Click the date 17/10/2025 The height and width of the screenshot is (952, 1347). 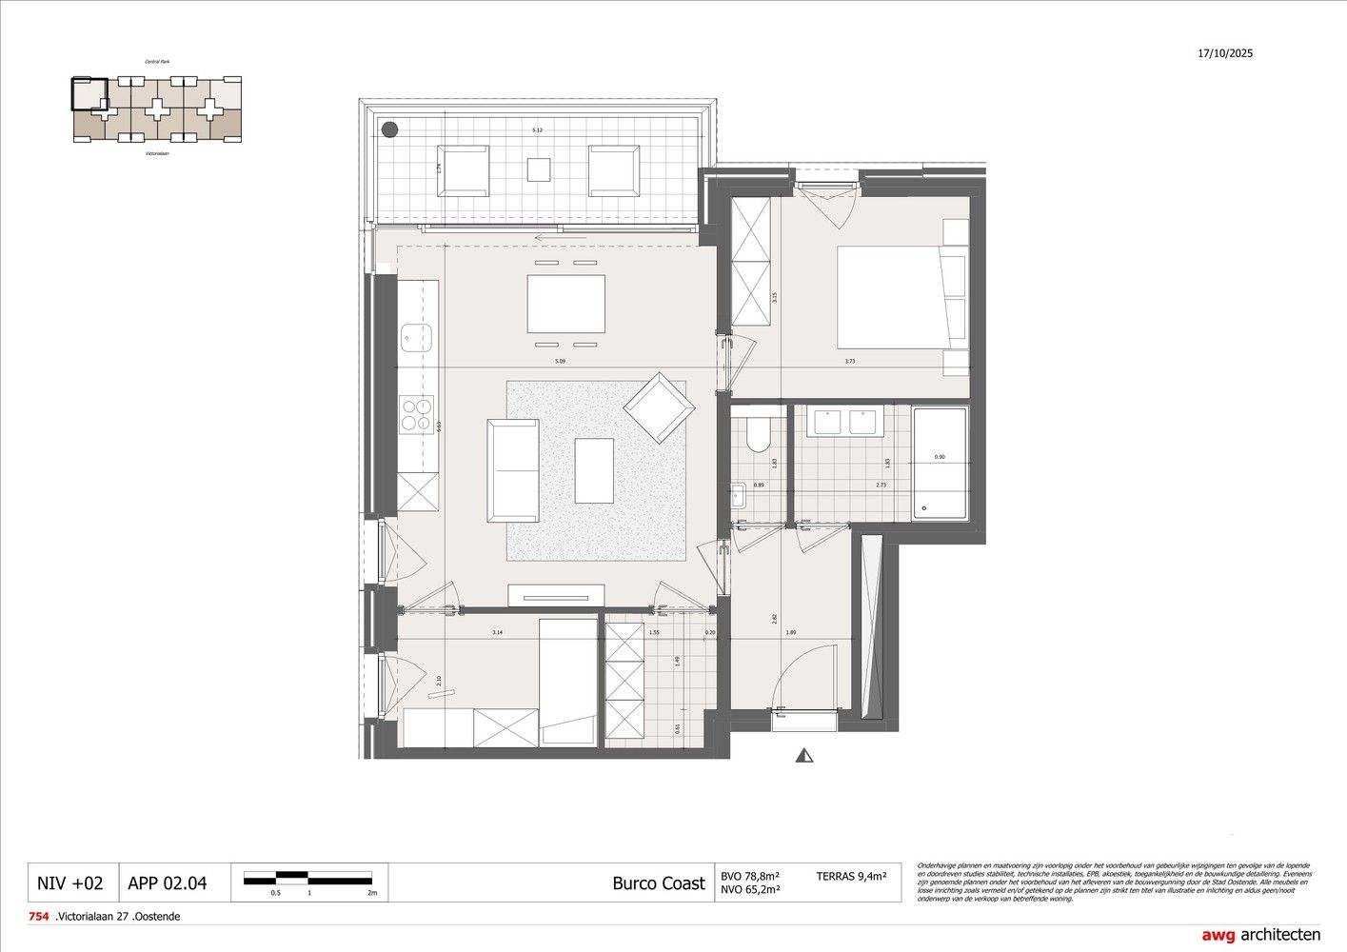pos(1225,53)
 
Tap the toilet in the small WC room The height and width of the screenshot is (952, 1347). pos(759,434)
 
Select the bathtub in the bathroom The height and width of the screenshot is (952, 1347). pos(940,463)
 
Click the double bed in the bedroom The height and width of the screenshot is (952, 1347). pos(901,297)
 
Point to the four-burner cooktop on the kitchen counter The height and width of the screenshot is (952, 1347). pos(416,414)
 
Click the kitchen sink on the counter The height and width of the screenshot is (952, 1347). pos(416,335)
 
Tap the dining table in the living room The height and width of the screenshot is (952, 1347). pos(565,304)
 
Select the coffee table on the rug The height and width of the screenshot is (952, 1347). pos(594,470)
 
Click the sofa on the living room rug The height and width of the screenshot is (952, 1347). pos(513,470)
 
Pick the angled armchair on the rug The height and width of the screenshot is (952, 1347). pos(658,407)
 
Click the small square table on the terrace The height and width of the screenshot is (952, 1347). pos(539,169)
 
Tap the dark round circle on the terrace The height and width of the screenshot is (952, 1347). pos(388,130)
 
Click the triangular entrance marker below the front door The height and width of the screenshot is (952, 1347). pos(805,756)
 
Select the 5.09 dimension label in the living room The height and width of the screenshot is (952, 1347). pos(560,362)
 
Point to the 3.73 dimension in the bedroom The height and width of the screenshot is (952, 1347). pos(849,362)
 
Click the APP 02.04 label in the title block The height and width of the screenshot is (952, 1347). pos(167,883)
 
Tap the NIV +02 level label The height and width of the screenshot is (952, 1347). pos(69,883)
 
